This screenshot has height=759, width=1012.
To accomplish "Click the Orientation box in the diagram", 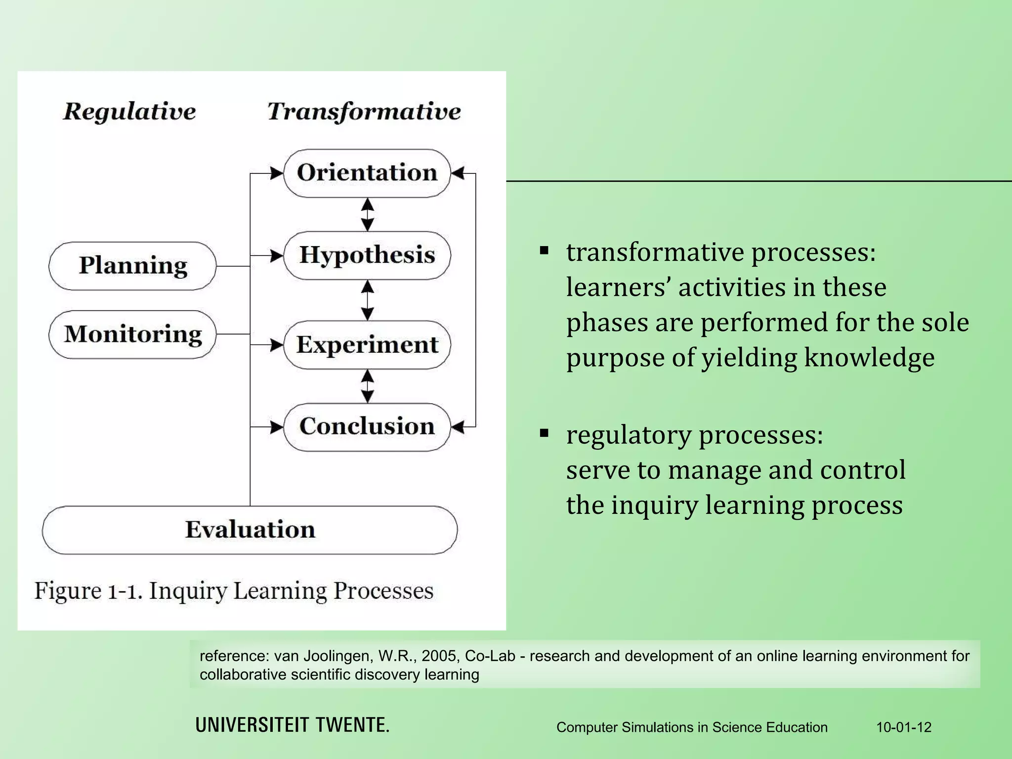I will click(x=367, y=173).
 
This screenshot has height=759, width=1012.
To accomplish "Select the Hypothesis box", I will click(x=367, y=255).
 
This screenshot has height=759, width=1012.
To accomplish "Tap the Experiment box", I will click(x=367, y=344).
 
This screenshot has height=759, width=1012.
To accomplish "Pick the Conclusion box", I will click(x=367, y=426).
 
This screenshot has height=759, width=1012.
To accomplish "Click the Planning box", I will click(x=132, y=266).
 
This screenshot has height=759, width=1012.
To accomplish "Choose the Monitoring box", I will click(x=132, y=335).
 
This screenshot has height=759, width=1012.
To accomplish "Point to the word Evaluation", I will click(x=250, y=530).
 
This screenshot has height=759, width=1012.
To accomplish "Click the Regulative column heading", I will click(x=129, y=111).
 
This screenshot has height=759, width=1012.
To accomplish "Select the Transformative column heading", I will click(x=364, y=111).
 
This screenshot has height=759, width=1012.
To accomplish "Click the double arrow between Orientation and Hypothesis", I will click(x=367, y=214).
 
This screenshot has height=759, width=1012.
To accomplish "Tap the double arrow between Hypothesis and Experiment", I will click(x=367, y=300).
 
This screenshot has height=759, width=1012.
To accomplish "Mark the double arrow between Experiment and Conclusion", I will click(x=367, y=386).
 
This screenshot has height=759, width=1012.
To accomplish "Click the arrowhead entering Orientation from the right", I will click(x=458, y=173).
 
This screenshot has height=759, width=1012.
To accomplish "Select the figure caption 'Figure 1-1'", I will click(x=88, y=590).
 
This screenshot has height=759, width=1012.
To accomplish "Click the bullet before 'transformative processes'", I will click(x=545, y=251).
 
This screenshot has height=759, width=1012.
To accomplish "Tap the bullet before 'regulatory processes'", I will click(x=545, y=434).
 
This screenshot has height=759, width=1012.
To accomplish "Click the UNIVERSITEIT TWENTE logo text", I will click(x=293, y=725).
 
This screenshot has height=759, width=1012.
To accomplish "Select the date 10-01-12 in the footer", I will click(x=904, y=727).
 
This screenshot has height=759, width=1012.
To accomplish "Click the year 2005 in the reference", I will click(x=441, y=656).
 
